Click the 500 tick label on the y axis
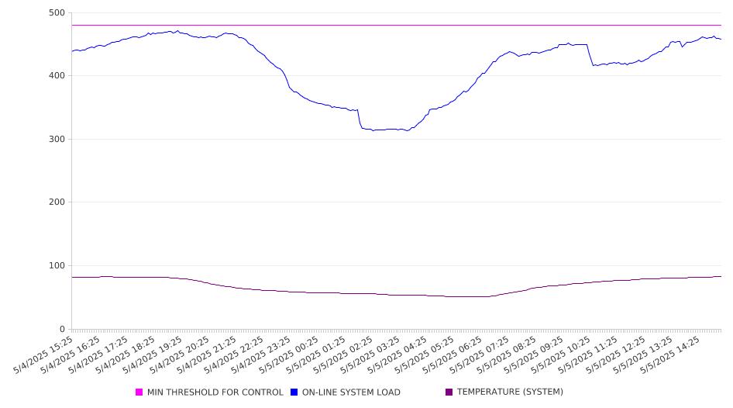57,12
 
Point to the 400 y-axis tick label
57,75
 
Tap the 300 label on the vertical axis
57,139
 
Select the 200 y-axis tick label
57,202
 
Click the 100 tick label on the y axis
57,265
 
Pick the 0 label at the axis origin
62,329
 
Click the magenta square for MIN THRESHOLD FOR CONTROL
139,392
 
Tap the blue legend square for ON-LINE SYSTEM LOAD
294,392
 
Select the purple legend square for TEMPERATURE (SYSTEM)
449,392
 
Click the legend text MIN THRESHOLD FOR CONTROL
215,392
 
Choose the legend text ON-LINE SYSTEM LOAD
351,392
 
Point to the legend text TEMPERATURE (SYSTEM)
510,392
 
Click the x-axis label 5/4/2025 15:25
43,354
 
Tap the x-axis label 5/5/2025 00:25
289,354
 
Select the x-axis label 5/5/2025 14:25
670,354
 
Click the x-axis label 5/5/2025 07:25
480,354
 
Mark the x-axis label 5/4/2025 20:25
180,354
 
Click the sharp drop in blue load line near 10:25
590,55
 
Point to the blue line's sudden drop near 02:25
360,119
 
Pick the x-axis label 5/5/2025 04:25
397,354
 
